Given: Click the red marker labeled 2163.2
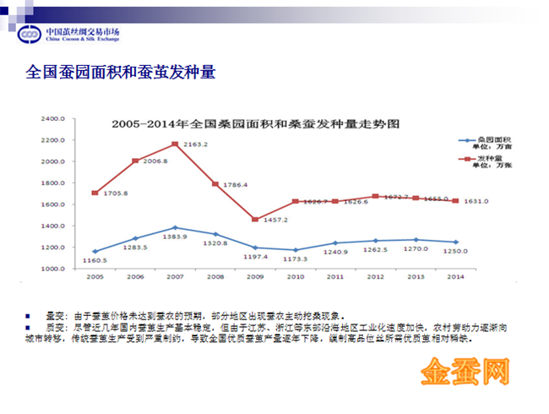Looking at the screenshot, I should (175, 144).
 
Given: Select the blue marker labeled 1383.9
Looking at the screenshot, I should (175, 227).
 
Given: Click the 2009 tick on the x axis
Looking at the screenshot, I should (254, 276).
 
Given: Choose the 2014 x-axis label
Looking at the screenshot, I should (457, 276).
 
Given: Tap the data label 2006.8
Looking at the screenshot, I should (154, 161).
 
